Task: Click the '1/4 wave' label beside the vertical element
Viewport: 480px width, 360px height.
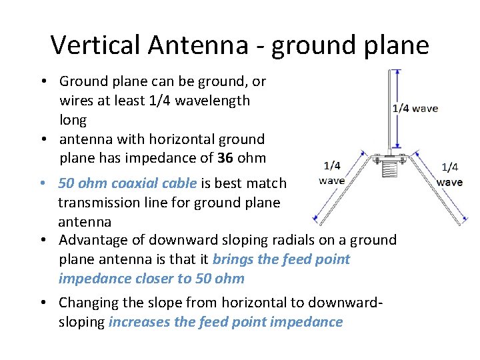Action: click(415, 108)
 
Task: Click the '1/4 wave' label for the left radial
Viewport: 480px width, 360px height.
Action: click(331, 173)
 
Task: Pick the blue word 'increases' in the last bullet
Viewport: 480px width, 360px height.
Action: click(139, 322)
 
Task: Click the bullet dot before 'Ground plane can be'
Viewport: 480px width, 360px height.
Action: click(42, 82)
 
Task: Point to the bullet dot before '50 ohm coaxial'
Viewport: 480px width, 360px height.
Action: click(42, 183)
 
